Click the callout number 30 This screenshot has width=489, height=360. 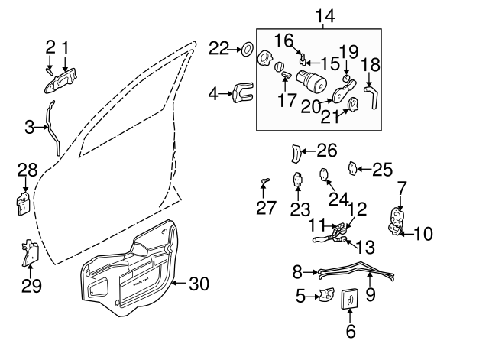pyautogui.click(x=198, y=284)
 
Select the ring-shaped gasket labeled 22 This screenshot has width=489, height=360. pyautogui.click(x=247, y=50)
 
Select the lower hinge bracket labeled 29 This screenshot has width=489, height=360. pyautogui.click(x=29, y=251)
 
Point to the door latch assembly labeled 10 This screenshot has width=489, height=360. pyautogui.click(x=397, y=222)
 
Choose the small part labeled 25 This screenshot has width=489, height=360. pyautogui.click(x=353, y=167)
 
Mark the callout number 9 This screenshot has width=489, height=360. pyautogui.click(x=370, y=294)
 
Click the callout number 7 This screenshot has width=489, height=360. pyautogui.click(x=402, y=186)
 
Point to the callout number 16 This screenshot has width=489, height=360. pyautogui.click(x=283, y=38)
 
